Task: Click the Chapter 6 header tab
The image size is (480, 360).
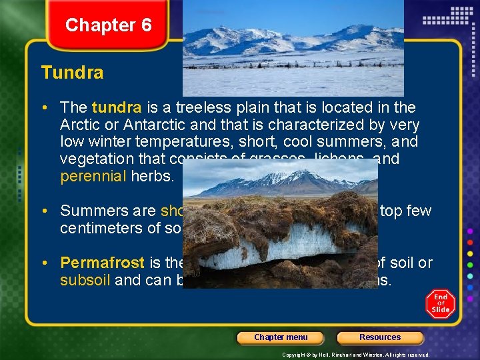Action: [x=108, y=25]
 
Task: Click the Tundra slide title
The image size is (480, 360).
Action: [x=72, y=73]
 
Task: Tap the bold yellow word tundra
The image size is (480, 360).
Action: [x=117, y=107]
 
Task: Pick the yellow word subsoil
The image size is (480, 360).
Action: [x=85, y=280]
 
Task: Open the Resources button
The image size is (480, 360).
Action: [x=380, y=337]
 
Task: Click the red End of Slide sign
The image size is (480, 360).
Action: [x=441, y=303]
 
